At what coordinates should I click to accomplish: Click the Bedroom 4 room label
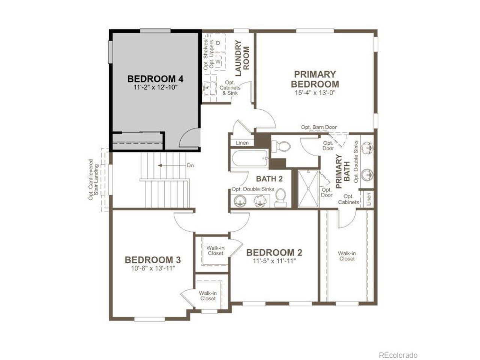(x=155, y=79)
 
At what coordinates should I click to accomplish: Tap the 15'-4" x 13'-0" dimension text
(x=315, y=93)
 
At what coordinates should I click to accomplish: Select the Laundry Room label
(x=242, y=58)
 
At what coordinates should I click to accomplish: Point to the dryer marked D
(x=217, y=43)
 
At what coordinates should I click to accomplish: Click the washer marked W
(x=218, y=61)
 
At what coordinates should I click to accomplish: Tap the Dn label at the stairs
(x=190, y=165)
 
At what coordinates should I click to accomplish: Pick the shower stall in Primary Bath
(x=308, y=189)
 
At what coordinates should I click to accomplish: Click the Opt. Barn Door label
(x=319, y=127)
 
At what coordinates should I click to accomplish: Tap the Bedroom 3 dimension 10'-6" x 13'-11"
(x=153, y=268)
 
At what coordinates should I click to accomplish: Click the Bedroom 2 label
(x=274, y=253)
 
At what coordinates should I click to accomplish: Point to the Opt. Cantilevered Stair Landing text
(x=94, y=180)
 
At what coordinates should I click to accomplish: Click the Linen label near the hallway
(x=242, y=143)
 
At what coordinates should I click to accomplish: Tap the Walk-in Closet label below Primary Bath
(x=347, y=256)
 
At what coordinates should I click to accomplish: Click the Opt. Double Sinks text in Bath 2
(x=253, y=189)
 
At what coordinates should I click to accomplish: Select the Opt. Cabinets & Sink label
(x=230, y=88)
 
